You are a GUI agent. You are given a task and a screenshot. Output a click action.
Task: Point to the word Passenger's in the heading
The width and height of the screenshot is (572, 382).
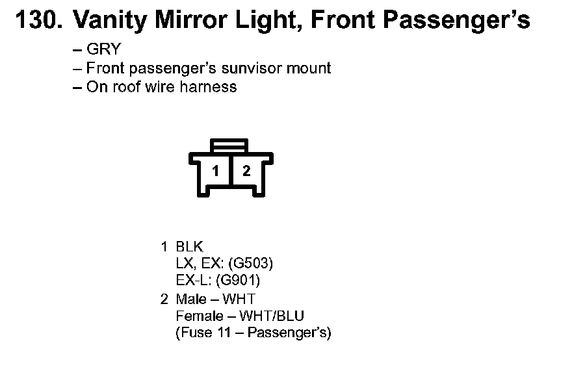point(456,21)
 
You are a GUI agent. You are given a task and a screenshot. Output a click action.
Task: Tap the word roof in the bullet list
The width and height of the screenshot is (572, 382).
point(126,86)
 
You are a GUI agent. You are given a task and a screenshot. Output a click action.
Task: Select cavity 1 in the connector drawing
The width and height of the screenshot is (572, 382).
point(216,172)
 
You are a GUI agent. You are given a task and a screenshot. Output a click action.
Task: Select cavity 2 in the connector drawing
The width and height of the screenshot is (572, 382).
point(246,172)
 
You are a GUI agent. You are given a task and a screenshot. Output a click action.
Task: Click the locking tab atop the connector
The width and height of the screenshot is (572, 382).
point(231,144)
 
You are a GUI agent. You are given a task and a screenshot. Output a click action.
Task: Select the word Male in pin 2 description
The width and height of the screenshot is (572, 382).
point(190,299)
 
